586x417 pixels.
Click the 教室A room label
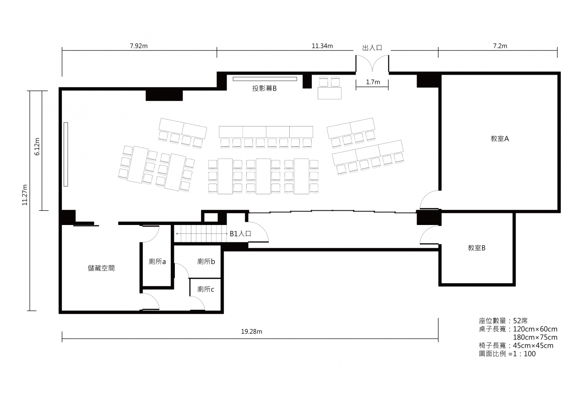[x=499, y=138]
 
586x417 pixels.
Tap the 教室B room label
[x=477, y=248]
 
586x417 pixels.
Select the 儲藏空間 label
[x=101, y=268]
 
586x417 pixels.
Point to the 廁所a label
[x=157, y=261]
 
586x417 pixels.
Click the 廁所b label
[x=206, y=261]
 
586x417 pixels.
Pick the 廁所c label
[x=206, y=289]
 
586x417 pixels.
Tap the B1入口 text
[x=240, y=234]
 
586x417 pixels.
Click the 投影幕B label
[x=264, y=88]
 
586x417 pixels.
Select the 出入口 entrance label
[x=372, y=48]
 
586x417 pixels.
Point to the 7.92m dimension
[x=139, y=46]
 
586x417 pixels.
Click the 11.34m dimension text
[x=322, y=46]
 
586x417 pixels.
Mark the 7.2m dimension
[x=500, y=46]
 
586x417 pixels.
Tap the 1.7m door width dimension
[x=373, y=82]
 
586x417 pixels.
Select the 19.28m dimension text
[x=251, y=331]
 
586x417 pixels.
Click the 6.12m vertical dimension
[x=37, y=147]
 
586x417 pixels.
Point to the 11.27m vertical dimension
[x=25, y=195]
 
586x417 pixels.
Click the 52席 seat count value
[x=521, y=321]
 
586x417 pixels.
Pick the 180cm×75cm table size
[x=535, y=337]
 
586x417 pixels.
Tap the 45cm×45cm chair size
[x=533, y=346]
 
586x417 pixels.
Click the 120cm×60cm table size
[x=535, y=329]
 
